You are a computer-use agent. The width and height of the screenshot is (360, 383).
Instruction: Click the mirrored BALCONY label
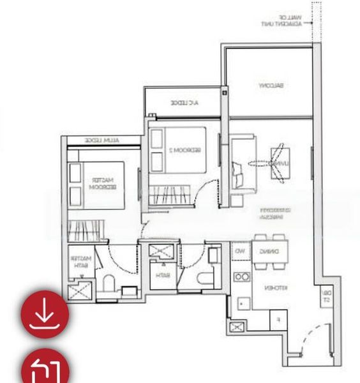click(271, 85)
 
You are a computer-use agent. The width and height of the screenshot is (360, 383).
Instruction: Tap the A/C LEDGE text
click(184, 102)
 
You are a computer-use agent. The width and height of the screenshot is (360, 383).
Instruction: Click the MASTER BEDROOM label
click(103, 184)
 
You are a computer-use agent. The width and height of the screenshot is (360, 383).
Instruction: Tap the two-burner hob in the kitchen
click(241, 276)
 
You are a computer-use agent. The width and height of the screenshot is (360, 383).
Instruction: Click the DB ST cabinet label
click(326, 296)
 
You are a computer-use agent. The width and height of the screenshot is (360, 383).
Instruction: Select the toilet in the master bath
click(108, 284)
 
